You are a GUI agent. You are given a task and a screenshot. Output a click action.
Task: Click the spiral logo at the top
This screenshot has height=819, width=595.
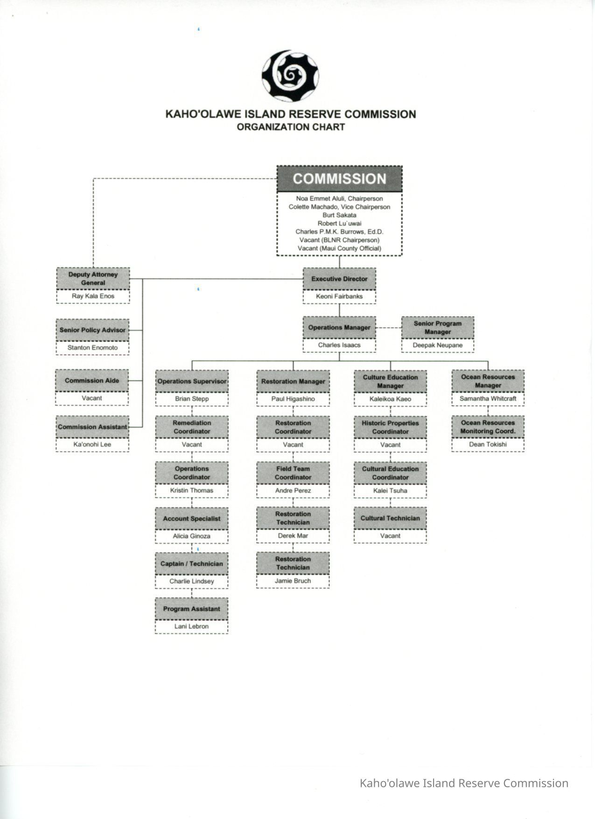click(290, 76)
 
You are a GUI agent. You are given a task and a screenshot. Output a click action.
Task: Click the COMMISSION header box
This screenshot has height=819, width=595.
click(339, 179)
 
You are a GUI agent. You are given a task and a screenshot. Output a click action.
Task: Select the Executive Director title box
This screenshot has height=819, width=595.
click(339, 279)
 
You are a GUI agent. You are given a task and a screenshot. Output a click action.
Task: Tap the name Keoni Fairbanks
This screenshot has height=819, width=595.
click(339, 296)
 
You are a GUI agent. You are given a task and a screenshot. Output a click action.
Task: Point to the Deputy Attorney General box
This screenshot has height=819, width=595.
click(93, 278)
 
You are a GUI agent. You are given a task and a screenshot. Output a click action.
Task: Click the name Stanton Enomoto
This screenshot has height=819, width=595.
click(92, 347)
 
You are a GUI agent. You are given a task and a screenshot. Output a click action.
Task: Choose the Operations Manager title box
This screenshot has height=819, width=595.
click(339, 327)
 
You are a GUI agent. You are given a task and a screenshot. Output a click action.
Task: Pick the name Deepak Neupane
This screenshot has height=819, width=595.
click(438, 345)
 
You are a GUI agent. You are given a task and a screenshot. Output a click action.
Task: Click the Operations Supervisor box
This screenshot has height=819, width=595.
click(192, 381)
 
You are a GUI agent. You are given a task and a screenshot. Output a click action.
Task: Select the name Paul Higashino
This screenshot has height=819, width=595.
click(293, 399)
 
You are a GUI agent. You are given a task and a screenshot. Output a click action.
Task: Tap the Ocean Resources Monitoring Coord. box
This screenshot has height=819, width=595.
click(488, 427)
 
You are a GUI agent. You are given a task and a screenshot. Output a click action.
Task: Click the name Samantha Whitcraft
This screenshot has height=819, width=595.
click(488, 398)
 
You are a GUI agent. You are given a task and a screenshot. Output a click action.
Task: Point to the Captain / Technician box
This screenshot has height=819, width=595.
click(192, 564)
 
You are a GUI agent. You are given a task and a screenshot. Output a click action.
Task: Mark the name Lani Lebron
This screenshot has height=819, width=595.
click(192, 626)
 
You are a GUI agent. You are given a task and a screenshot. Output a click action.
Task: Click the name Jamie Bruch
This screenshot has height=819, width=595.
click(293, 580)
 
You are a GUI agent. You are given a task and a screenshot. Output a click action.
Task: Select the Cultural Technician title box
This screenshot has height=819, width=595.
click(390, 518)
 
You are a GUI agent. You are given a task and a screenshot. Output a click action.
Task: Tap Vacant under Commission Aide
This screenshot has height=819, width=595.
click(92, 398)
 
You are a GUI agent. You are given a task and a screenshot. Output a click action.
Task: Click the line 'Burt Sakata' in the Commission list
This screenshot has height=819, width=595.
click(339, 215)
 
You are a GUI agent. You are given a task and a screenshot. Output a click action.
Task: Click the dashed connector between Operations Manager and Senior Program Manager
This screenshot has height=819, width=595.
click(389, 328)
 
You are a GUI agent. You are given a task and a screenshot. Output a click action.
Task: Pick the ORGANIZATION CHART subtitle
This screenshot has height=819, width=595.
click(290, 127)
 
